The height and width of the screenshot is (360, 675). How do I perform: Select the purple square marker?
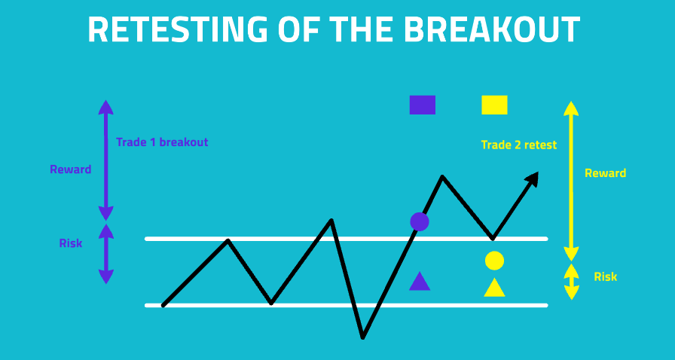(423, 105)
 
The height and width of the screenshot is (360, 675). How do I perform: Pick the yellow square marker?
(494, 105)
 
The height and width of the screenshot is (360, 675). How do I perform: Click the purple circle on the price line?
(420, 221)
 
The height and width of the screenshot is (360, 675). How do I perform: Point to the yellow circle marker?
(494, 261)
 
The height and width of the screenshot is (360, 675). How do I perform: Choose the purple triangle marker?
(420, 281)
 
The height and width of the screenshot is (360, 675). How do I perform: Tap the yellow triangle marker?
(494, 287)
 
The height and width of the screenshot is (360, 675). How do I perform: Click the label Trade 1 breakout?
(162, 142)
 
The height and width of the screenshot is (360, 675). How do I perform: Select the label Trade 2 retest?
(519, 145)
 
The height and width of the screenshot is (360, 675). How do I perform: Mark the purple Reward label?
(71, 169)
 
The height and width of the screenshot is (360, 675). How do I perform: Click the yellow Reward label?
(605, 173)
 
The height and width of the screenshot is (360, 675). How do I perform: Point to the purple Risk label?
(71, 243)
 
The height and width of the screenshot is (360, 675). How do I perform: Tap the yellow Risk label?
(605, 276)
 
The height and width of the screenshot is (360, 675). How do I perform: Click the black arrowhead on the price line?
(533, 178)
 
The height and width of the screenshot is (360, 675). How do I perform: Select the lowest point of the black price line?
(363, 337)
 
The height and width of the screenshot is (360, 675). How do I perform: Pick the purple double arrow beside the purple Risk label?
(106, 254)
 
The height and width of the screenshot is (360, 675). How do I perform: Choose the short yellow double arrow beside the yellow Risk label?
(571, 282)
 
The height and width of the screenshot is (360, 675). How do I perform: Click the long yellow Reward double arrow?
(571, 181)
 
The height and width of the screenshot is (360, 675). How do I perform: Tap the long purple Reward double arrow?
(106, 160)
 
